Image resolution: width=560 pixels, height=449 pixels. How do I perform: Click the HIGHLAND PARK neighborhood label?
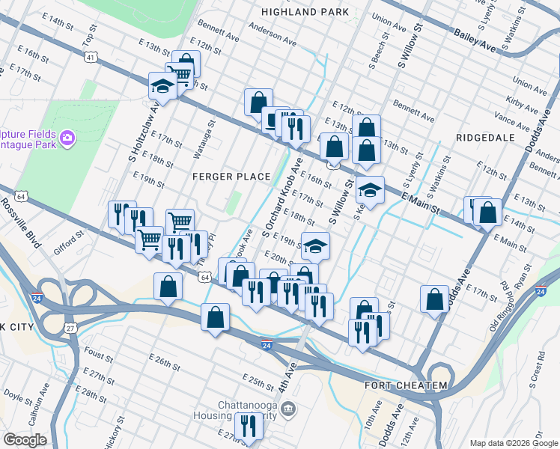point(305,12)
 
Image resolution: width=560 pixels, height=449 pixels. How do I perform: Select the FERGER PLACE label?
point(231,177)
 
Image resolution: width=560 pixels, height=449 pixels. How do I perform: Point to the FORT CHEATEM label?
point(405,385)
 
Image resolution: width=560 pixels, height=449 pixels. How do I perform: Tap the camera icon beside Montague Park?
point(67,137)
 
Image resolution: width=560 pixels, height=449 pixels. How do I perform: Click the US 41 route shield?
point(90,58)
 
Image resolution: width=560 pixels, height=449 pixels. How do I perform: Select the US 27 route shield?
point(70,327)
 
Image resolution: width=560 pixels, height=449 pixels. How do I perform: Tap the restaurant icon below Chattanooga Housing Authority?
point(247,426)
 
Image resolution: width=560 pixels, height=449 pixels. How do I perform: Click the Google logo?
point(25,440)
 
